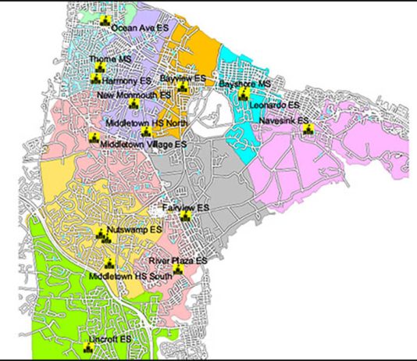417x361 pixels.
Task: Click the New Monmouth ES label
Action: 133,95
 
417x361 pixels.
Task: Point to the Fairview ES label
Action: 186,208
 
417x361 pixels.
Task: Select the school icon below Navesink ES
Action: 306,130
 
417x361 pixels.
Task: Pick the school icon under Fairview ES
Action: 184,216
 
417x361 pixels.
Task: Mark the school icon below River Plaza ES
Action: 179,269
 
